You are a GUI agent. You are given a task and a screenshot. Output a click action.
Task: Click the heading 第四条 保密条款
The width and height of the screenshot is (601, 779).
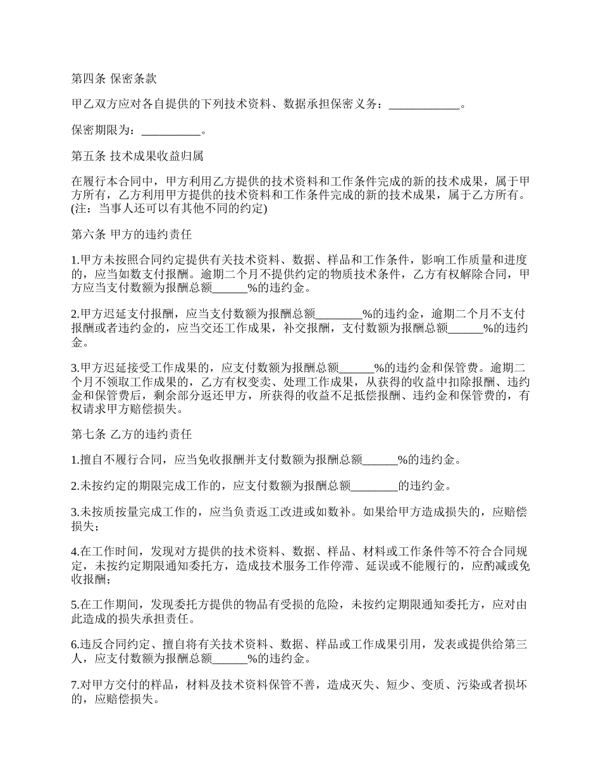click(114, 79)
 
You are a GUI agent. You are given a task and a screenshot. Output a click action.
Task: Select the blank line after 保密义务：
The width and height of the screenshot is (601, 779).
click(424, 105)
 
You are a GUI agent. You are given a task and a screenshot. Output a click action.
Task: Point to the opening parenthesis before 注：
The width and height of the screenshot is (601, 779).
click(73, 209)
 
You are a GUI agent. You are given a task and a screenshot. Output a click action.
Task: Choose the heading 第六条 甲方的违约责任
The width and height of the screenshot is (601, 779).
click(131, 234)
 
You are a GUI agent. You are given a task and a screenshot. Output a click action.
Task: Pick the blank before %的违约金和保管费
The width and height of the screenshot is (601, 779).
click(357, 368)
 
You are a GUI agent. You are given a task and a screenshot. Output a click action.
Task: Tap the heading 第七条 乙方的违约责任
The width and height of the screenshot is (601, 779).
click(131, 434)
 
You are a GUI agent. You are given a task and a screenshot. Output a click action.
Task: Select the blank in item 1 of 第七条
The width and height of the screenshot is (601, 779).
click(379, 460)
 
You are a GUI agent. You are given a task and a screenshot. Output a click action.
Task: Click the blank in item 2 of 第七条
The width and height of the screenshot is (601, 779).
click(374, 486)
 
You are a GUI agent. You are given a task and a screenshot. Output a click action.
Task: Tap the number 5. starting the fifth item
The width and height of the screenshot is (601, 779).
click(75, 605)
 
